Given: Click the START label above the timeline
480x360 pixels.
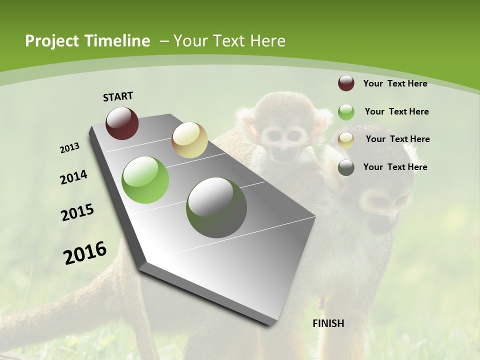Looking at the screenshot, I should click(x=118, y=96).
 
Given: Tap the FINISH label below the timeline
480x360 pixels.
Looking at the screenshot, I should click(x=328, y=323).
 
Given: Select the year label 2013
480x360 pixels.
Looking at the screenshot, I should click(x=69, y=148).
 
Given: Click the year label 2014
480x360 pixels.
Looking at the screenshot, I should click(x=73, y=177).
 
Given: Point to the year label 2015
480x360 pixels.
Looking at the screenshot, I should click(x=77, y=212).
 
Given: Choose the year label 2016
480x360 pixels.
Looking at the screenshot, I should click(x=85, y=252).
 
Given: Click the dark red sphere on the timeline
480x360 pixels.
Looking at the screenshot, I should click(x=122, y=123).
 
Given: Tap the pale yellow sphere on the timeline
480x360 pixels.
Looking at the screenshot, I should click(x=189, y=140).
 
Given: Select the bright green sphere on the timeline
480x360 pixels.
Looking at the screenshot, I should click(x=145, y=180).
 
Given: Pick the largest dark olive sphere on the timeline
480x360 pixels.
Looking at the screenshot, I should click(x=216, y=207).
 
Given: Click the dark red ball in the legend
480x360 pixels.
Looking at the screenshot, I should click(x=346, y=83).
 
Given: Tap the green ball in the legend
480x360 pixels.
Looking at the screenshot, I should click(x=346, y=112).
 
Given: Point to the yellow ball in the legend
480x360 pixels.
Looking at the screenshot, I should click(x=346, y=140).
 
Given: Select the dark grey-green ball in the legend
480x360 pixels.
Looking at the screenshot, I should click(x=346, y=167).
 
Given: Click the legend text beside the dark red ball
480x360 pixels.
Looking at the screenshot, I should click(x=395, y=83).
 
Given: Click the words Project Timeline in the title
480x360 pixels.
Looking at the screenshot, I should click(x=87, y=41).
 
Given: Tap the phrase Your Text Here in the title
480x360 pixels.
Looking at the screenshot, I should click(x=229, y=41).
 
